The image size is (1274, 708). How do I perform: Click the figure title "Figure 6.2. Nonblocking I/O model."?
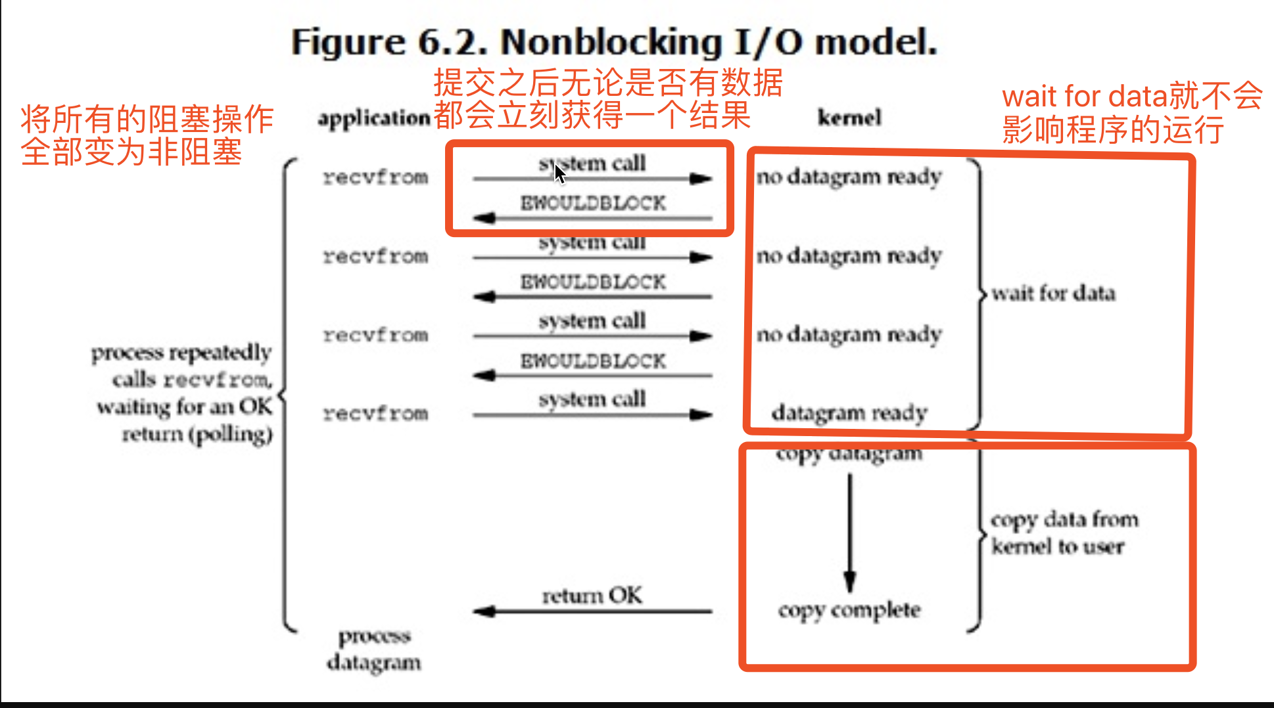click(614, 42)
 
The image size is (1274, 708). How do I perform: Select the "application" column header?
click(373, 118)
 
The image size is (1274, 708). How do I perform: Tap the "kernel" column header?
click(849, 118)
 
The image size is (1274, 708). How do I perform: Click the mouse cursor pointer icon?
click(559, 174)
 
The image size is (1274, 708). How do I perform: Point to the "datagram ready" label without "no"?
click(849, 413)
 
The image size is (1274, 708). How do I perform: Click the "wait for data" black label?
click(1053, 293)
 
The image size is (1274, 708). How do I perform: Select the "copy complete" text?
click(849, 610)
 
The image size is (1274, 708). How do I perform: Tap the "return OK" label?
click(592, 595)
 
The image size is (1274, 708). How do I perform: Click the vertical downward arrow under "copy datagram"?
click(850, 532)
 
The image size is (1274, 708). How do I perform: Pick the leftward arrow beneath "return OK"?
click(592, 612)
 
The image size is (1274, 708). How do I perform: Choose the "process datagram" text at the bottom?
click(374, 649)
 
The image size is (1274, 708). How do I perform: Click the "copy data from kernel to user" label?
click(1064, 533)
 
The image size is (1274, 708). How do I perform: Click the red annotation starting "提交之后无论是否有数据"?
click(607, 99)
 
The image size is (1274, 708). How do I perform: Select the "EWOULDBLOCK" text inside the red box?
click(593, 204)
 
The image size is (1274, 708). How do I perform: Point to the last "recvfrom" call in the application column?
click(375, 414)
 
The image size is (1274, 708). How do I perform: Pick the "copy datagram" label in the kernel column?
click(849, 454)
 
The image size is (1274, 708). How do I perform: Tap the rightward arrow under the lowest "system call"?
click(592, 415)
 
